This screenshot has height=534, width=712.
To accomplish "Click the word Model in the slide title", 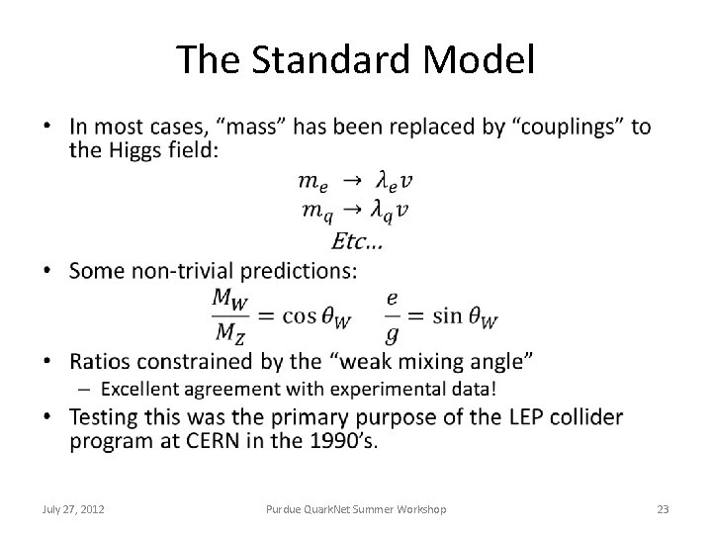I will click(x=484, y=60).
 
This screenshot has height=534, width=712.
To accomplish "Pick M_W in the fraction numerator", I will click(x=229, y=297).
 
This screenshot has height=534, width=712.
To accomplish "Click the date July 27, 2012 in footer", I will click(x=76, y=509).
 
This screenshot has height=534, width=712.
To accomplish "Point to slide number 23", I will click(x=663, y=509).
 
